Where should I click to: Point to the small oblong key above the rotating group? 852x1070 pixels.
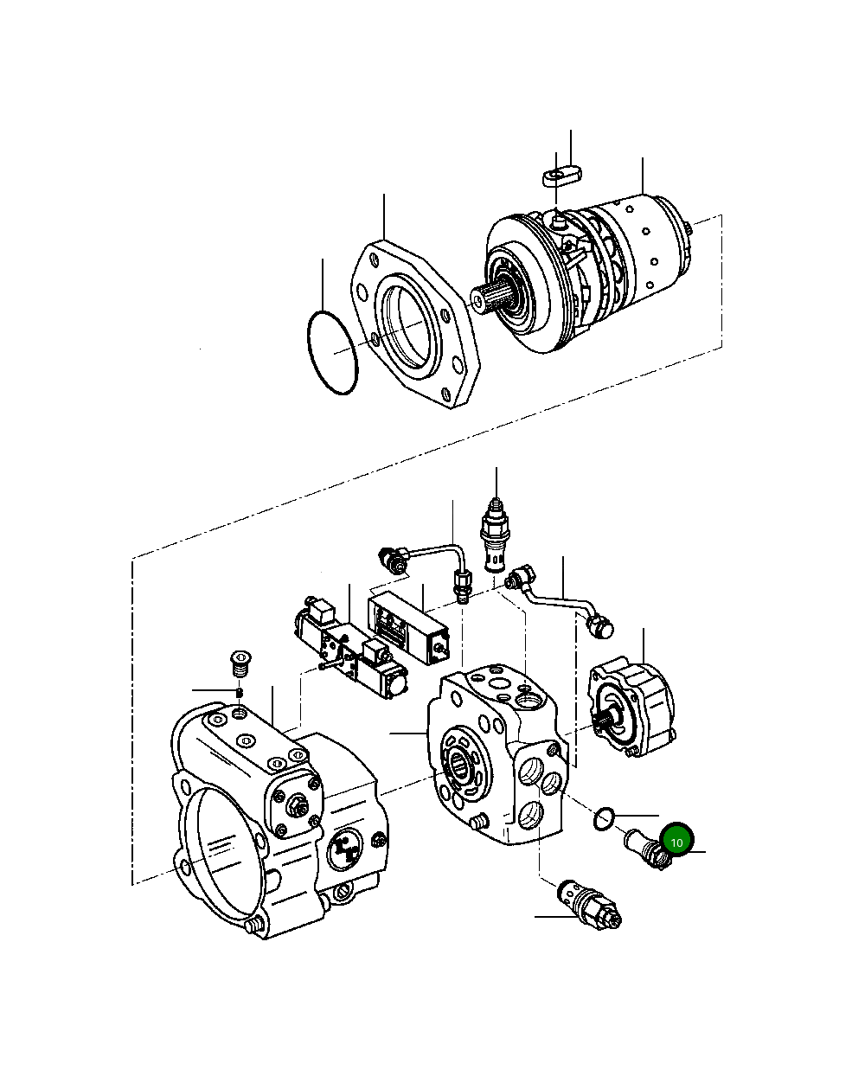tap(561, 177)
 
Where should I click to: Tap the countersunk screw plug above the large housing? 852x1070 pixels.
tap(240, 662)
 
